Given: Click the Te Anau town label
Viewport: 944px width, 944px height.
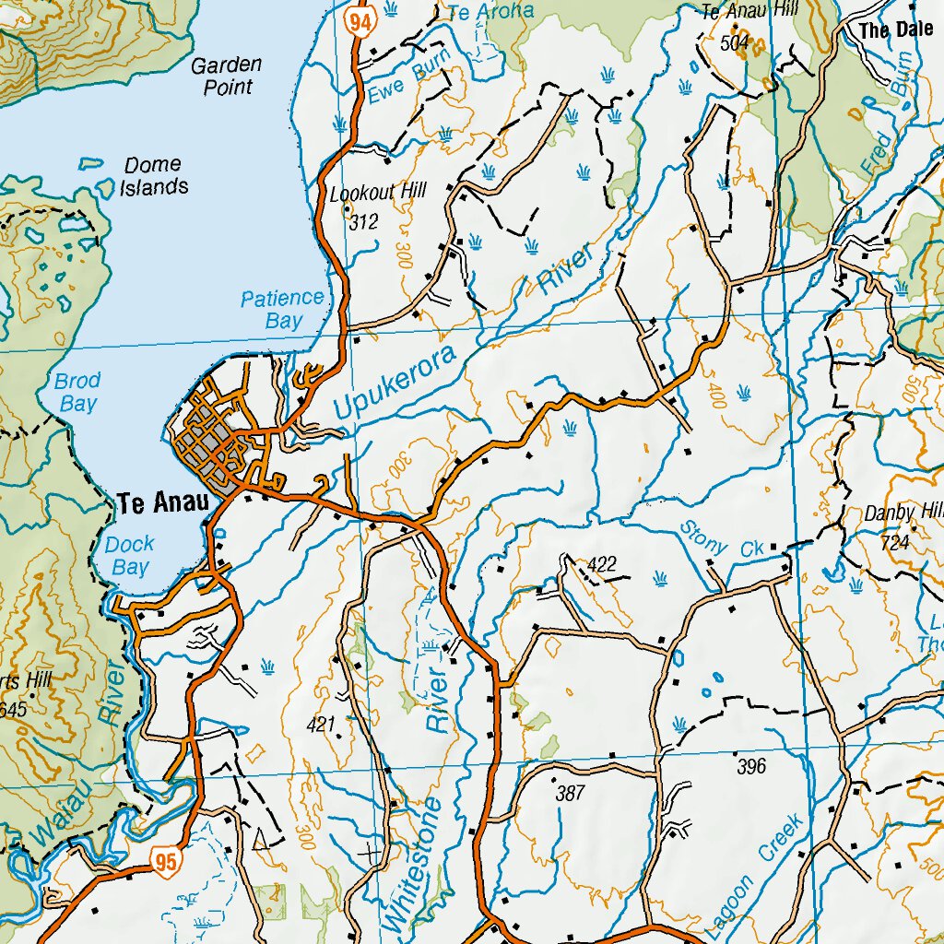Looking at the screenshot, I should point(158,504).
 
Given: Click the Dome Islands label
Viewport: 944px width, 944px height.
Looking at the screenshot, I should point(154,176).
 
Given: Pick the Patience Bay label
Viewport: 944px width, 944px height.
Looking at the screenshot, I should point(283,310).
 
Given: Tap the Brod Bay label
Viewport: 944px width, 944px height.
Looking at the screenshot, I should point(77,392).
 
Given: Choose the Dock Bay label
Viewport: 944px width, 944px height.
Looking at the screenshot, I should point(130,556).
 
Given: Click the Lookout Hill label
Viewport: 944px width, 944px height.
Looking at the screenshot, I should point(378,193).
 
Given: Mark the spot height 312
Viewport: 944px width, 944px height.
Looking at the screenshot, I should point(364,222).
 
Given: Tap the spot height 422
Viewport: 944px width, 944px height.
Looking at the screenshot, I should point(600,564).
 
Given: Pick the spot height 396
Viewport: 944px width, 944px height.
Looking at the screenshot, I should point(751,766).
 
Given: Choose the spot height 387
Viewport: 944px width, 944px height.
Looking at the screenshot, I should point(571,792).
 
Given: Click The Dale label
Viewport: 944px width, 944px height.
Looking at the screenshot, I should point(896,30).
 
